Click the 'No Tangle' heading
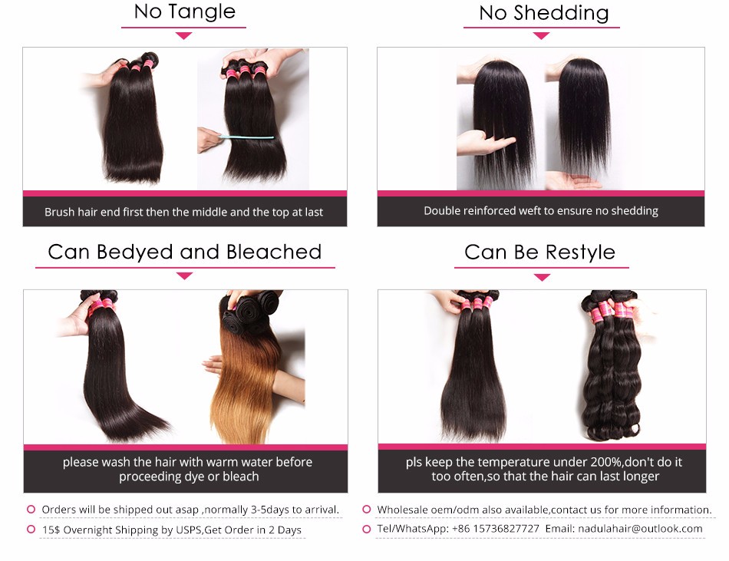coord(185,12)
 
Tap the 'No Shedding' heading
coord(543,13)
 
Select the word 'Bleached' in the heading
coord(274,252)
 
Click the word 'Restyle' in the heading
coord(580,252)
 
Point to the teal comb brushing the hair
coord(246,137)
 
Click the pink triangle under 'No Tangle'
coord(184,36)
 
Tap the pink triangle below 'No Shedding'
coord(541,36)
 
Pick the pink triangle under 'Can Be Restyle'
coord(542,278)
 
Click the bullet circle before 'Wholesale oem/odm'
coord(367,510)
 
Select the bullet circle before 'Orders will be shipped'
coord(31,510)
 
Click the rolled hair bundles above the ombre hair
coord(251,312)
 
